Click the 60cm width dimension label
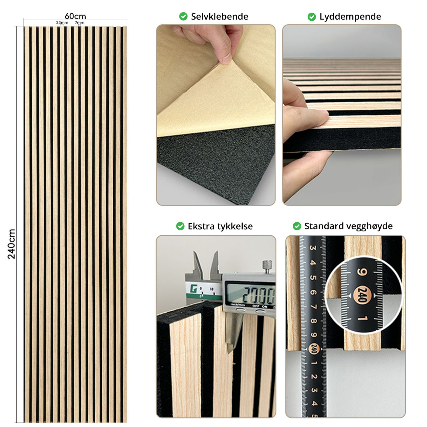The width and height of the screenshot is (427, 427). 75,16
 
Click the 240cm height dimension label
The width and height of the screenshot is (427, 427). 11,244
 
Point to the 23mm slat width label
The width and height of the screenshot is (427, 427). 62,23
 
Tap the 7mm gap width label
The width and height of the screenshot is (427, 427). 80,23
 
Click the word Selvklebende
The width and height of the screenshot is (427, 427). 219,16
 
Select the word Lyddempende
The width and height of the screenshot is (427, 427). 350,16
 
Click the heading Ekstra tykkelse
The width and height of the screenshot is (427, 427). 220,226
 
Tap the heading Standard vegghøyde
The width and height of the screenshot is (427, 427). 348,226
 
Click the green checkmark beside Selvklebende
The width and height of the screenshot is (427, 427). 183,16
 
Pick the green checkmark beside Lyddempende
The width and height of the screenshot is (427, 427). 312,17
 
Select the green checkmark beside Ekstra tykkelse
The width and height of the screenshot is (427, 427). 180,226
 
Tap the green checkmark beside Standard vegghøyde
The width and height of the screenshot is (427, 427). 297,226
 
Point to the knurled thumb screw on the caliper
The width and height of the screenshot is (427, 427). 267,267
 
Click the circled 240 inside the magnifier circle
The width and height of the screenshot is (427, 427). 362,295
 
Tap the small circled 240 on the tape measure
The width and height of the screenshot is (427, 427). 314,349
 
